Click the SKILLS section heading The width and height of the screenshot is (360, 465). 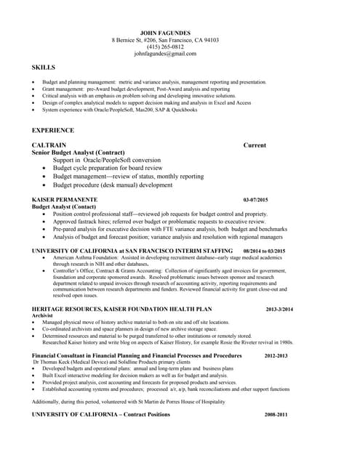44,68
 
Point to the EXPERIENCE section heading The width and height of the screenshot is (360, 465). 53,130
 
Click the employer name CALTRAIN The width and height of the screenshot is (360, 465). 52,145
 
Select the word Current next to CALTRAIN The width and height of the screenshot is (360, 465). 255,145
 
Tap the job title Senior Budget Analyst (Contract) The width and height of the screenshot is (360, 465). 79,153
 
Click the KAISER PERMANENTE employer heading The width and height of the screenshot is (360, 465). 65,199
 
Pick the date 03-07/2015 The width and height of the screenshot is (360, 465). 256,199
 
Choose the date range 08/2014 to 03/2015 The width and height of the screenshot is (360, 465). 264,251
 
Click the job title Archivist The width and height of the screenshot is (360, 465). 43,316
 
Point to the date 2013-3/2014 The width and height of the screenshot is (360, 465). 279,310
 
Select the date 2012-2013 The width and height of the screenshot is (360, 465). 276,356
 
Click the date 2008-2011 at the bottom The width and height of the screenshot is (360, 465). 276,414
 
